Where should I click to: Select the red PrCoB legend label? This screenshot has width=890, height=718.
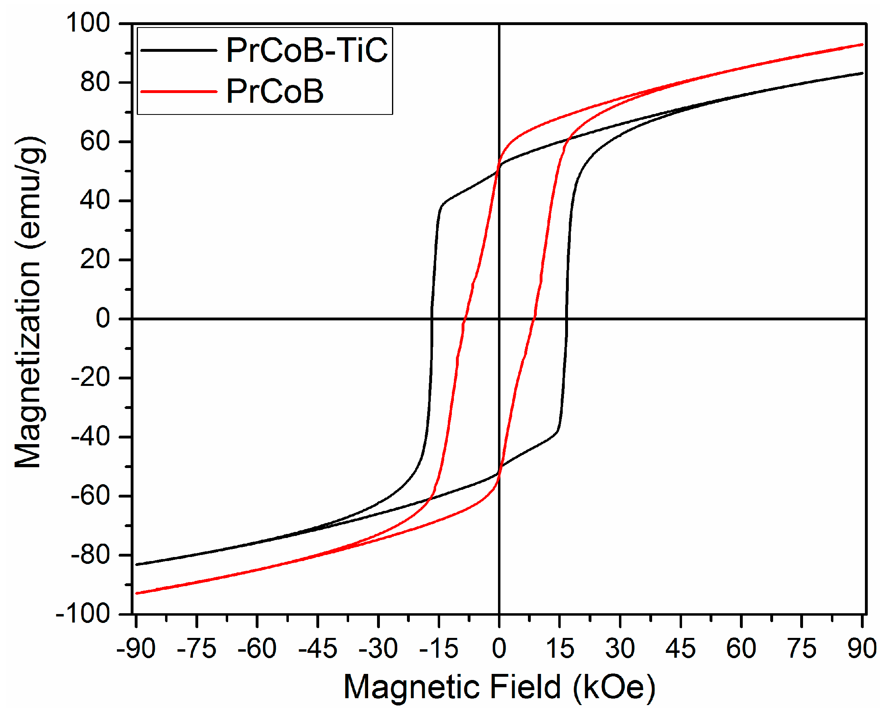point(275,91)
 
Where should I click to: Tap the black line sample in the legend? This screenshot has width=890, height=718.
point(179,51)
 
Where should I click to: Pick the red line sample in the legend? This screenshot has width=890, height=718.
point(179,91)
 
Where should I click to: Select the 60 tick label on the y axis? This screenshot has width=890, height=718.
point(95,141)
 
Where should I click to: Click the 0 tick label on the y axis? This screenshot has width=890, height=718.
point(103,318)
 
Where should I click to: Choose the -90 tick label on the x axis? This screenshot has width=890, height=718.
point(136,648)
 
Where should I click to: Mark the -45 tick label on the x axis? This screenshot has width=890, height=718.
point(318,648)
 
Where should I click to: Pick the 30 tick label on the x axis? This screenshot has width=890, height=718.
point(620,648)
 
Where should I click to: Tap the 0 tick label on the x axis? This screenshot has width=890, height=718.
point(499,648)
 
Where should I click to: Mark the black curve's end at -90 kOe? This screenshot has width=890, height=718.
point(137,564)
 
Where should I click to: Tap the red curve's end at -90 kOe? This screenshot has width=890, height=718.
point(137,593)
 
